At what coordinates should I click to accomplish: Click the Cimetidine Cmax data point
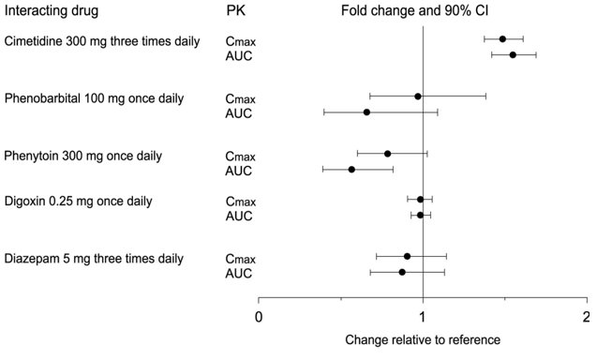(502, 38)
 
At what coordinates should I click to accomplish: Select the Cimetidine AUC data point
(513, 55)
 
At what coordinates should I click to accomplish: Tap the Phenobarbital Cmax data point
(418, 96)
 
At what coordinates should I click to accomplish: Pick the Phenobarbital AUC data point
(366, 112)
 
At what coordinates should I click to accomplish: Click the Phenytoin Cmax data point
(387, 153)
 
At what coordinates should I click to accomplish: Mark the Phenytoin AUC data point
(351, 170)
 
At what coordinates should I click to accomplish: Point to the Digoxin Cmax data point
(420, 199)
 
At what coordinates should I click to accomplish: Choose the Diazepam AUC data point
(402, 272)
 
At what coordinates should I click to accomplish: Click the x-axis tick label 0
(259, 316)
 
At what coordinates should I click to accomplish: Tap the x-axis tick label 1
(423, 316)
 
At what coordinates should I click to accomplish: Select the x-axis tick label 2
(587, 316)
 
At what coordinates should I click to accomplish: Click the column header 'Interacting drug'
(52, 11)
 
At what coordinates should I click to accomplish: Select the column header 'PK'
(237, 11)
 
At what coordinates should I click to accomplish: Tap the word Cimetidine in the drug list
(35, 41)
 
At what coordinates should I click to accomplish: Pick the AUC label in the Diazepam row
(239, 273)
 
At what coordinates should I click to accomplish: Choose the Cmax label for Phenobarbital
(239, 97)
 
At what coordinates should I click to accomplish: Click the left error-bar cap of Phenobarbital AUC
(324, 112)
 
